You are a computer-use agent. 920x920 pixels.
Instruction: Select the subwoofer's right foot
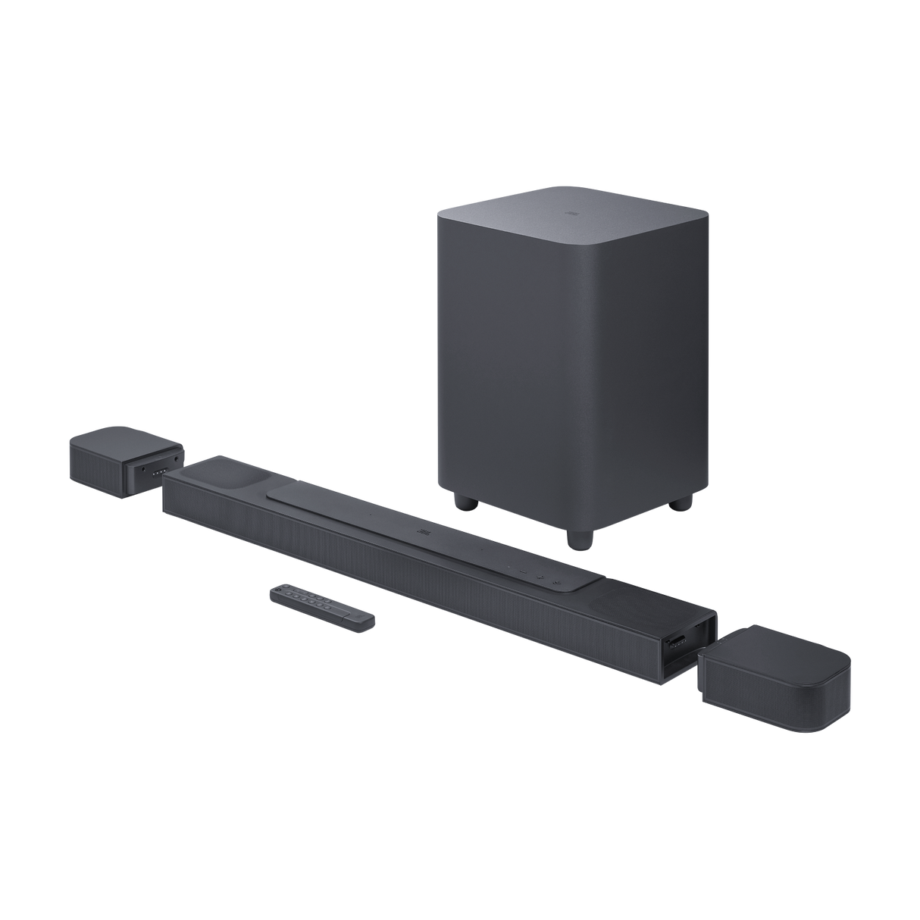click(x=688, y=502)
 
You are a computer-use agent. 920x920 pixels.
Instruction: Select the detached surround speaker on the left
click(x=125, y=465)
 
